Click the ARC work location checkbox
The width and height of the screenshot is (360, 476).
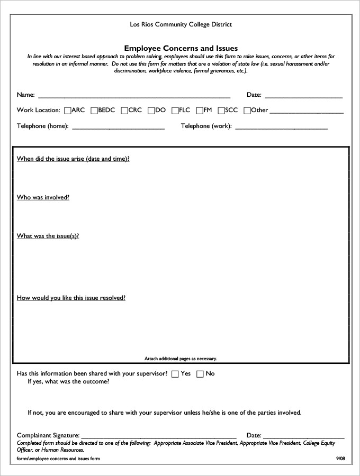click(x=67, y=111)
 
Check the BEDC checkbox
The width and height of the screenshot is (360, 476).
click(x=94, y=111)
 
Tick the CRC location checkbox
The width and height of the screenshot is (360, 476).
click(x=124, y=111)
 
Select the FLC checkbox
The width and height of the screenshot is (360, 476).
click(x=175, y=111)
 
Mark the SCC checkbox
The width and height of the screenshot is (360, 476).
click(x=221, y=111)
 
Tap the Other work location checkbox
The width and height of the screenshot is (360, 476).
click(x=247, y=111)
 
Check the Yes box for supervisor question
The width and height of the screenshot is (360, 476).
click(x=175, y=374)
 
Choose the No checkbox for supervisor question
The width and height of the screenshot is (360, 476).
click(x=200, y=374)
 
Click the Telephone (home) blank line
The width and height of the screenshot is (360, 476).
click(x=118, y=127)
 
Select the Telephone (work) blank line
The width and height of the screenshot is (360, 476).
click(x=281, y=127)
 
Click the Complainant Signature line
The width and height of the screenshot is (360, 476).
click(x=159, y=436)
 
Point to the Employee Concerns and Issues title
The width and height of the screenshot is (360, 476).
click(x=181, y=48)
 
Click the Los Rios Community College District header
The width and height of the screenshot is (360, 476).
click(x=181, y=24)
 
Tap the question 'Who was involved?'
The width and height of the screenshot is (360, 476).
click(x=43, y=197)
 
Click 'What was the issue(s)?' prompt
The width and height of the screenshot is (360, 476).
click(x=48, y=236)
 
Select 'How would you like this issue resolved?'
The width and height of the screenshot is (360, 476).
click(x=71, y=298)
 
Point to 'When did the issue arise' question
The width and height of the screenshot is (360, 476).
click(x=73, y=159)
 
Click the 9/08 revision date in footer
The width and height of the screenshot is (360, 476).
click(x=340, y=459)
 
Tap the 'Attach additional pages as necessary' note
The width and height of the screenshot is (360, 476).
click(x=181, y=359)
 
